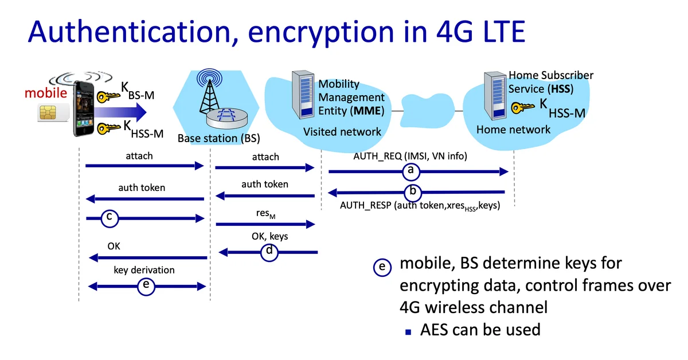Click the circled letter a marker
pos(410,170)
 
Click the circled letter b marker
pos(413,191)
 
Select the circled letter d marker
pos(269,251)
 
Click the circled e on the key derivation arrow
pos(146,285)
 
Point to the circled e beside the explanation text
pos(382,267)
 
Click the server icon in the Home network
pos(495,95)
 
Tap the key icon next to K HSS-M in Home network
pos(523,107)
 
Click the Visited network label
pos(342,132)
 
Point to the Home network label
pos(513,130)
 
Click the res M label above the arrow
pos(265,214)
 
